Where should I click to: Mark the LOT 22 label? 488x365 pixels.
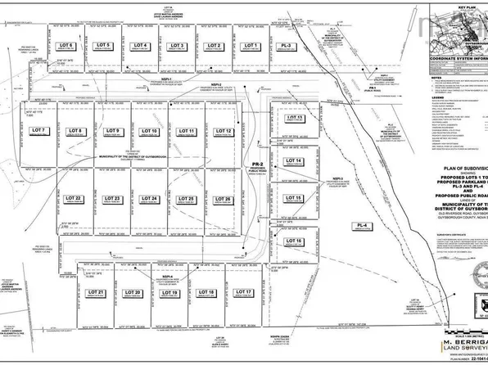(73, 199)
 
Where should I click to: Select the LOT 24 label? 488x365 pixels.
(149, 199)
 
